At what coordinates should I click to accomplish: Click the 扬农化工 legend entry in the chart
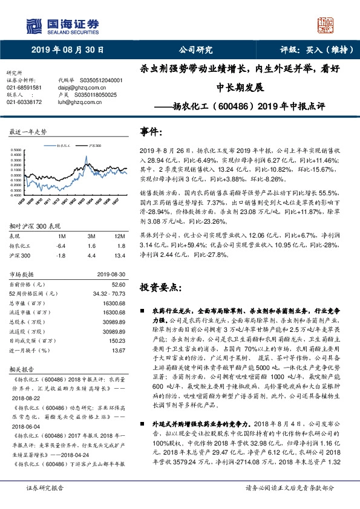click(x=64, y=146)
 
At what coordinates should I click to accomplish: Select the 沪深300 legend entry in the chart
click(x=94, y=146)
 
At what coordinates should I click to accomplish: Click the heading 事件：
click(x=152, y=131)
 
